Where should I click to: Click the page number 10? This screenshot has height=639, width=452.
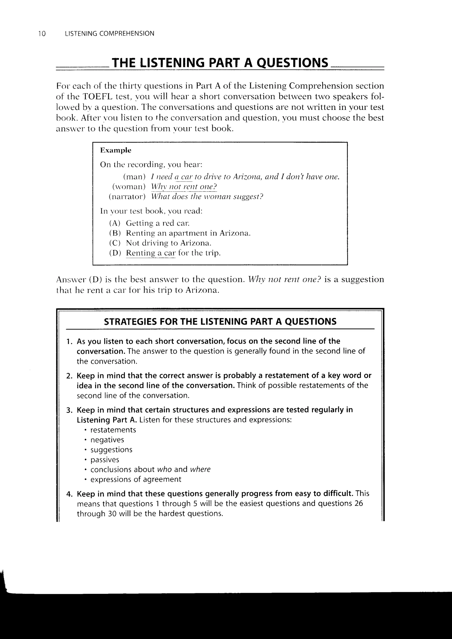tap(42, 34)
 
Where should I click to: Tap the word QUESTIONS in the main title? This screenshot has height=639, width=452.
tap(292, 63)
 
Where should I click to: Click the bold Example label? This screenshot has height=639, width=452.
tap(115, 150)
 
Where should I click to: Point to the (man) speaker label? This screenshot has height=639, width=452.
tap(134, 177)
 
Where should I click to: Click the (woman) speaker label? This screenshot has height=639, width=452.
tap(129, 187)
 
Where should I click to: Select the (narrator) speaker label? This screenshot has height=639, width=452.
tap(127, 197)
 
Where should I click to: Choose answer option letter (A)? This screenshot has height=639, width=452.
tap(115, 223)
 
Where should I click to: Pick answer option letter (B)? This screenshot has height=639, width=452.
tap(115, 233)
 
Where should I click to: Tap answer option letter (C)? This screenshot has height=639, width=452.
tap(115, 243)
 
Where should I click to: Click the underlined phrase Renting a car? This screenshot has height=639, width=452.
tap(151, 253)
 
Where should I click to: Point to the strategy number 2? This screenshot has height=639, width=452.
tap(69, 376)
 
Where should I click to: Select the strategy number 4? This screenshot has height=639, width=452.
tap(69, 494)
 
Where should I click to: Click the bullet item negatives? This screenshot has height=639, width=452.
tap(107, 440)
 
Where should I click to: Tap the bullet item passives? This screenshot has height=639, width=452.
tap(105, 460)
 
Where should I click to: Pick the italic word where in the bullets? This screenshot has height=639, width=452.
tap(200, 470)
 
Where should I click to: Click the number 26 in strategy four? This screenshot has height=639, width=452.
tap(358, 504)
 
